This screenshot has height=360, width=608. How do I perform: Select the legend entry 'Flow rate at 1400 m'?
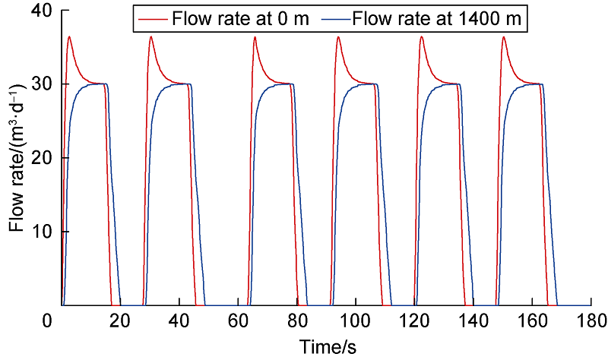coord(440,19)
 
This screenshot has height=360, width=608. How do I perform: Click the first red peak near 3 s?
coord(69,36)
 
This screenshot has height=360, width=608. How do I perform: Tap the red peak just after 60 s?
coord(255,36)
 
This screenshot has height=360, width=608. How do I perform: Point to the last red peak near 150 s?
coord(503,36)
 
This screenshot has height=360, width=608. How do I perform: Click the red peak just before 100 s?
coord(338,36)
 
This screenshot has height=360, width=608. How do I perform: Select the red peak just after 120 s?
coord(421,36)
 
